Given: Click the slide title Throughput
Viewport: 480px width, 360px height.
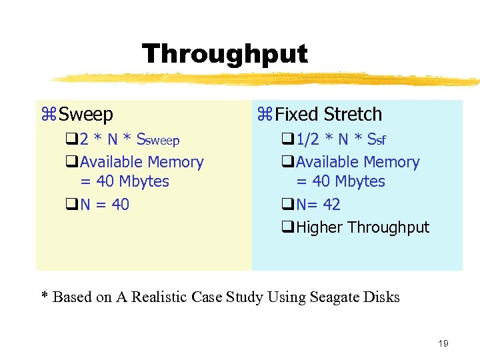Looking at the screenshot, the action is [225, 54].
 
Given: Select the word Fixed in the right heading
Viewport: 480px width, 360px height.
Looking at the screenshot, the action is [297, 115].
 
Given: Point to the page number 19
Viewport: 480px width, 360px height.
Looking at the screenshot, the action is [443, 343].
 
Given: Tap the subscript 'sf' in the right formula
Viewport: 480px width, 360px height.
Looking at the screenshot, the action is [381, 141].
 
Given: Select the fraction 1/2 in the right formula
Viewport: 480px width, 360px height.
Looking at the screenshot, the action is [307, 139].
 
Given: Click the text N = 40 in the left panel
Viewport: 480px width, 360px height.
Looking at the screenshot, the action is [105, 205].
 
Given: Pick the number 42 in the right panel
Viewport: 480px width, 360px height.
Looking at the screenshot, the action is [331, 205].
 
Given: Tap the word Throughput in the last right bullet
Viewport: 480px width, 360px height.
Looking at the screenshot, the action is [389, 227].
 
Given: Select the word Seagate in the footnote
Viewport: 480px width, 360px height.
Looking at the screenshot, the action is [333, 297].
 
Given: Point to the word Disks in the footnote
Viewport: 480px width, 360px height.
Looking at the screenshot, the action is [382, 297].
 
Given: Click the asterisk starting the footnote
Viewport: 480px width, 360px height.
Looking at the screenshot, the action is [45, 296].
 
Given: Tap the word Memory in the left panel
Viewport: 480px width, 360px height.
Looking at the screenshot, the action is [176, 162].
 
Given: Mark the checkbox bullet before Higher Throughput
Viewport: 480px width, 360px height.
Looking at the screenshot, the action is [289, 227].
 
